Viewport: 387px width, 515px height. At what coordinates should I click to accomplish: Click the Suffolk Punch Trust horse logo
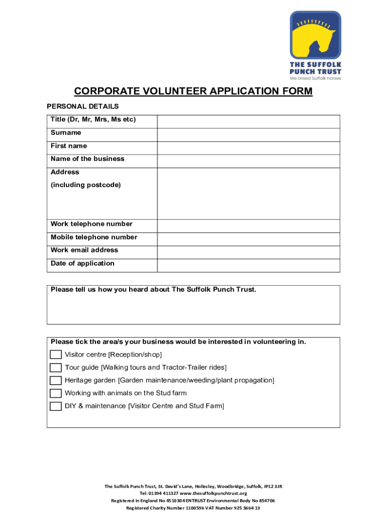315,35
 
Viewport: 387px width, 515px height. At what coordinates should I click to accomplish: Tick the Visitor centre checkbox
56,355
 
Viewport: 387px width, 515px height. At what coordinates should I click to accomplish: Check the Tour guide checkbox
56,368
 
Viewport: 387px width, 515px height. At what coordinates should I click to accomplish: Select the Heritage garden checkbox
56,380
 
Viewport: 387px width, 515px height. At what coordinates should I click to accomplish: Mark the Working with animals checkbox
56,393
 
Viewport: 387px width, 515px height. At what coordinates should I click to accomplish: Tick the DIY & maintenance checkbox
56,406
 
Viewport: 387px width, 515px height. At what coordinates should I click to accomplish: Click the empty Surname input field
248,135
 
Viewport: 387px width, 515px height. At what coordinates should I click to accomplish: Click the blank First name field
248,148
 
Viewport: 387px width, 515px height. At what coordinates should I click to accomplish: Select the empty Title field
248,122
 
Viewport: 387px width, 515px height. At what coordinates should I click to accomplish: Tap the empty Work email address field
248,252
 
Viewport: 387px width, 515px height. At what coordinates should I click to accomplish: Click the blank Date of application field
248,265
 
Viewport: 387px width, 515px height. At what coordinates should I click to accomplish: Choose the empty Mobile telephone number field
248,239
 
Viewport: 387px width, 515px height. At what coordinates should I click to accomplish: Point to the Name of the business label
87,159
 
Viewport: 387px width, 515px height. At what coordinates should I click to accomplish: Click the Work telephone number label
91,224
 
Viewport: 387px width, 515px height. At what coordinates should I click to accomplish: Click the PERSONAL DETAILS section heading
83,106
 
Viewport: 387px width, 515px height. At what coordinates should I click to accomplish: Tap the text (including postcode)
86,185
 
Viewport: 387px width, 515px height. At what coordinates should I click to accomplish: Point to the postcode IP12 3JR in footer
273,486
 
